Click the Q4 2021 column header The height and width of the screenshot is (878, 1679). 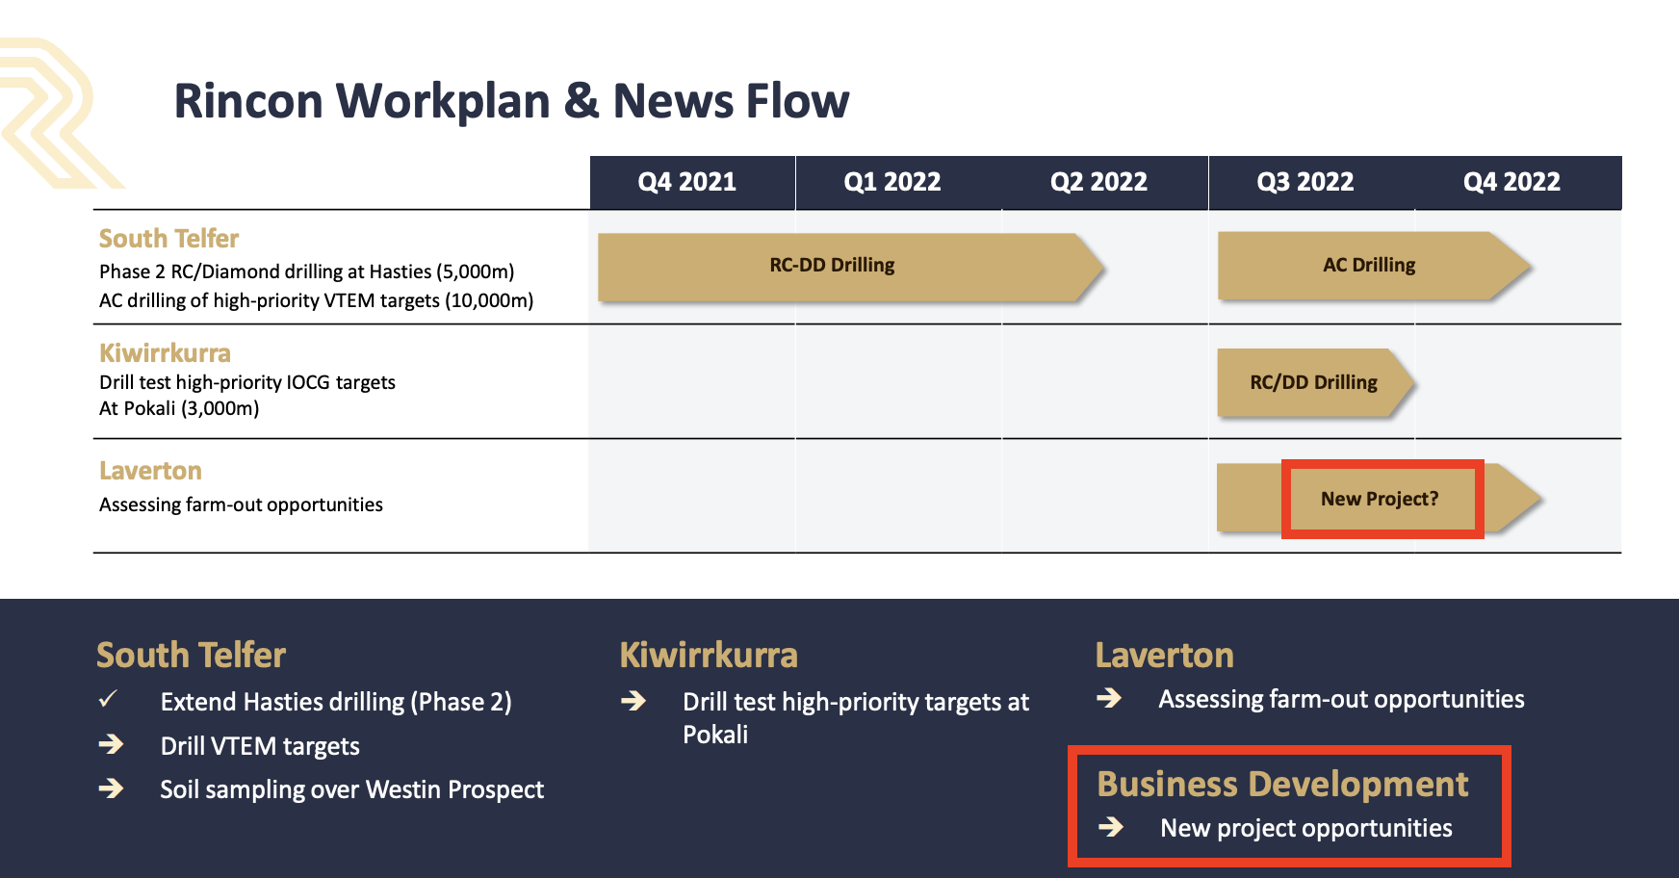686,182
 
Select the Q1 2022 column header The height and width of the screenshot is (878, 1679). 892,182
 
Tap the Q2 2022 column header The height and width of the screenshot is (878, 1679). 1098,182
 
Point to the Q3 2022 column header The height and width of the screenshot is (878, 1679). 1305,182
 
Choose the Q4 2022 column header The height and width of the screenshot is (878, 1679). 1511,182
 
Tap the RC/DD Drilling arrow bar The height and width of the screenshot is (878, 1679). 1315,382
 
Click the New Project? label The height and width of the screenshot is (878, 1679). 1380,499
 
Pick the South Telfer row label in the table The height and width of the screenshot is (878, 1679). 168,238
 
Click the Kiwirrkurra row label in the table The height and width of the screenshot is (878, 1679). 165,352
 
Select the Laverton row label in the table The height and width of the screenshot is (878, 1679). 150,471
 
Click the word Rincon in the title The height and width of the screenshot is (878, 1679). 248,101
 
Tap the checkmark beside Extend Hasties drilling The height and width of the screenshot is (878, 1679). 108,699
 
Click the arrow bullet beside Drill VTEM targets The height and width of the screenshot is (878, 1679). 111,744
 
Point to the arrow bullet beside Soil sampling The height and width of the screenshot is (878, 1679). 111,788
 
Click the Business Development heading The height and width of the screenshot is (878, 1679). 1282,784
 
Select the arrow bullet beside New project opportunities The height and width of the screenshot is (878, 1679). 1111,827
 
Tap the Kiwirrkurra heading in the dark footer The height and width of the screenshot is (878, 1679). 709,655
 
